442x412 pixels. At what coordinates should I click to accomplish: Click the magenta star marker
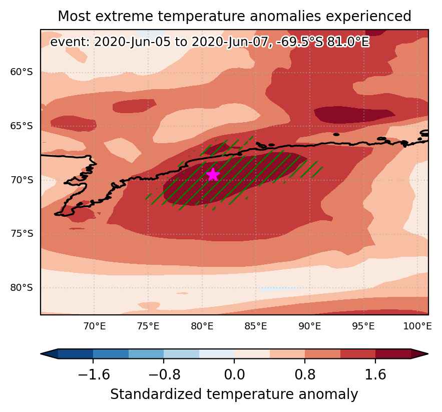213,174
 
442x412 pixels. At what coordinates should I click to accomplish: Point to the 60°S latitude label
22,72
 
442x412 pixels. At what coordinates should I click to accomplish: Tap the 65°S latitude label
22,126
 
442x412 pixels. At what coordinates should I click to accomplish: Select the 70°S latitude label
22,180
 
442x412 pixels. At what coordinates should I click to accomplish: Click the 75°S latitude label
22,233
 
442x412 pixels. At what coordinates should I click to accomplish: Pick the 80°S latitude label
22,288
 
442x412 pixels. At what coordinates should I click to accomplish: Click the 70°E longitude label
95,326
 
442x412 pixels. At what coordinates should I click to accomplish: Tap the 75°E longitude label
148,326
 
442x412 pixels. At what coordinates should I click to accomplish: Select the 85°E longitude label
256,326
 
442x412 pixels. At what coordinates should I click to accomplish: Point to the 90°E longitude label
310,326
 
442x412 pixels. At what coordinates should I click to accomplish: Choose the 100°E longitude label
417,326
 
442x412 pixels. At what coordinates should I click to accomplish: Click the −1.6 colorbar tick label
94,375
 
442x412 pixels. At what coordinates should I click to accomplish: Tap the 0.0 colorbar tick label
234,375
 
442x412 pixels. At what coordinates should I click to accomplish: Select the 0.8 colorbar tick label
305,375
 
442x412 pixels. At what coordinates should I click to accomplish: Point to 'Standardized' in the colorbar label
156,394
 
